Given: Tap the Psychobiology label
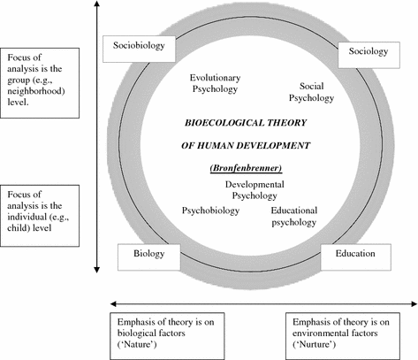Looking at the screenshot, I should coord(212,211).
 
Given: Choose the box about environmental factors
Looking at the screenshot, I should coord(353,333).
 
